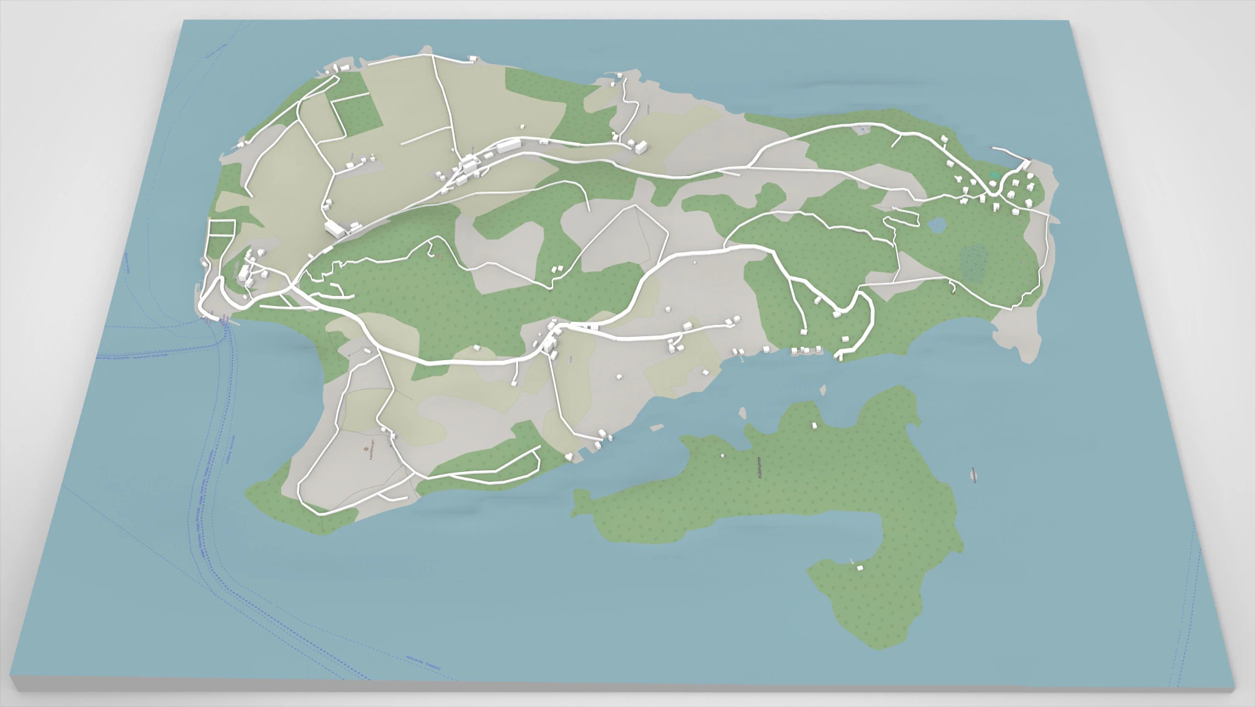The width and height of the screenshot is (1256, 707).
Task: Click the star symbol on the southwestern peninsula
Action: tap(366, 449)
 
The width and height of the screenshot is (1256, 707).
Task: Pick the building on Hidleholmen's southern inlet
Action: tap(860, 567)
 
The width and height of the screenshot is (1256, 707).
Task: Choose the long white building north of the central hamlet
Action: tap(508, 146)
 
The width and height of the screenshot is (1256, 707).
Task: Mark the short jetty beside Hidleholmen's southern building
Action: tap(852, 561)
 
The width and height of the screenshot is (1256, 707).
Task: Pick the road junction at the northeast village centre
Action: tap(995, 189)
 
